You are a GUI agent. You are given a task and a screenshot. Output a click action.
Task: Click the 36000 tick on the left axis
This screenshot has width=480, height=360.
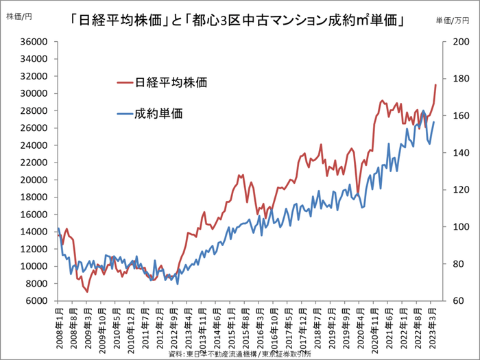(x=32, y=42)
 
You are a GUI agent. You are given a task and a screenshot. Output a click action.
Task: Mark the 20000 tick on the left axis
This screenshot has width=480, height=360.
(x=32, y=180)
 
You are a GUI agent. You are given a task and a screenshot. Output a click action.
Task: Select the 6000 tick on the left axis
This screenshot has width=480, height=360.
(x=34, y=301)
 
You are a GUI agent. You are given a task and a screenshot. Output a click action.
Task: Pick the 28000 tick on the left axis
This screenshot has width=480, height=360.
(x=32, y=111)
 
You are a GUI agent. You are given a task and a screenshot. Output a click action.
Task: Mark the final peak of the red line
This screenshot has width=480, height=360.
(x=436, y=85)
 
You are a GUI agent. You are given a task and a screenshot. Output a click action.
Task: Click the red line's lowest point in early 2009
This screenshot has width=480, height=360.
(x=87, y=291)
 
